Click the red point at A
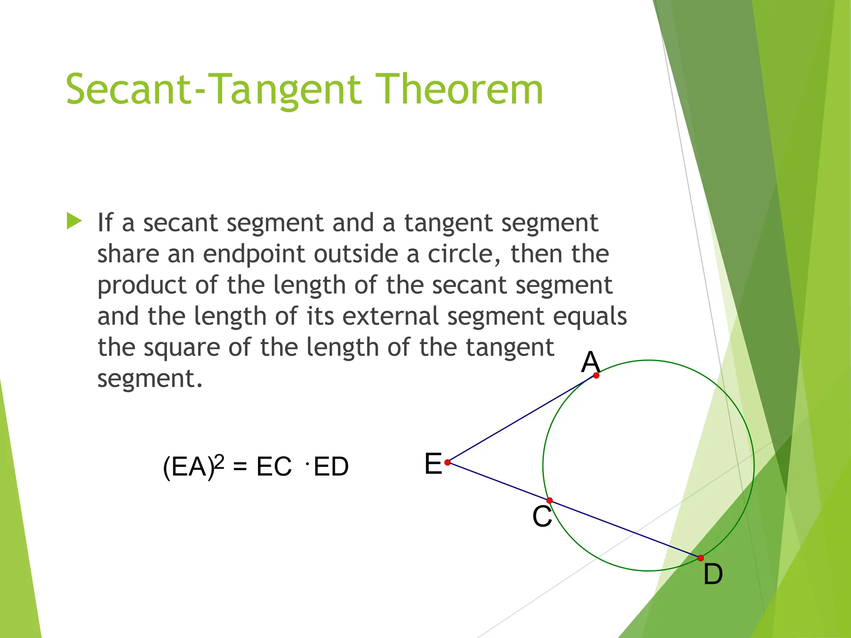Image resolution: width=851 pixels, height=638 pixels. (x=596, y=375)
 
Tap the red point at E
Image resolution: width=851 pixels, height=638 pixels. (x=448, y=462)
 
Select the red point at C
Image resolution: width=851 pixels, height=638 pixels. (x=549, y=501)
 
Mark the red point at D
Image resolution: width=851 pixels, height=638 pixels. (x=701, y=558)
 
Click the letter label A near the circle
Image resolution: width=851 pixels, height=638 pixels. (x=590, y=362)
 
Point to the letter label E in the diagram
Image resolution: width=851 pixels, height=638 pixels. (x=433, y=464)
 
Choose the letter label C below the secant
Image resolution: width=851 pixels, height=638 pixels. (x=542, y=517)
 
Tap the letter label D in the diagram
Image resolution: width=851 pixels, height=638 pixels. (x=713, y=574)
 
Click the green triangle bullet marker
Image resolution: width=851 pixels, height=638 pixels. (x=74, y=221)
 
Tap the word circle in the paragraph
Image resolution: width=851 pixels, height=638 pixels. (x=464, y=254)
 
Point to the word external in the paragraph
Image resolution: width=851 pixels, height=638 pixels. (x=390, y=316)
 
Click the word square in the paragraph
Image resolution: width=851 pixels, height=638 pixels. (x=182, y=348)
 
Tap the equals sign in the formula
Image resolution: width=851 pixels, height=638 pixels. (x=240, y=466)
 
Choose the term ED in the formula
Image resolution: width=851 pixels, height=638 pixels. (x=331, y=466)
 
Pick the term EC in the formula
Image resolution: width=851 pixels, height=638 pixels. (x=274, y=466)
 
